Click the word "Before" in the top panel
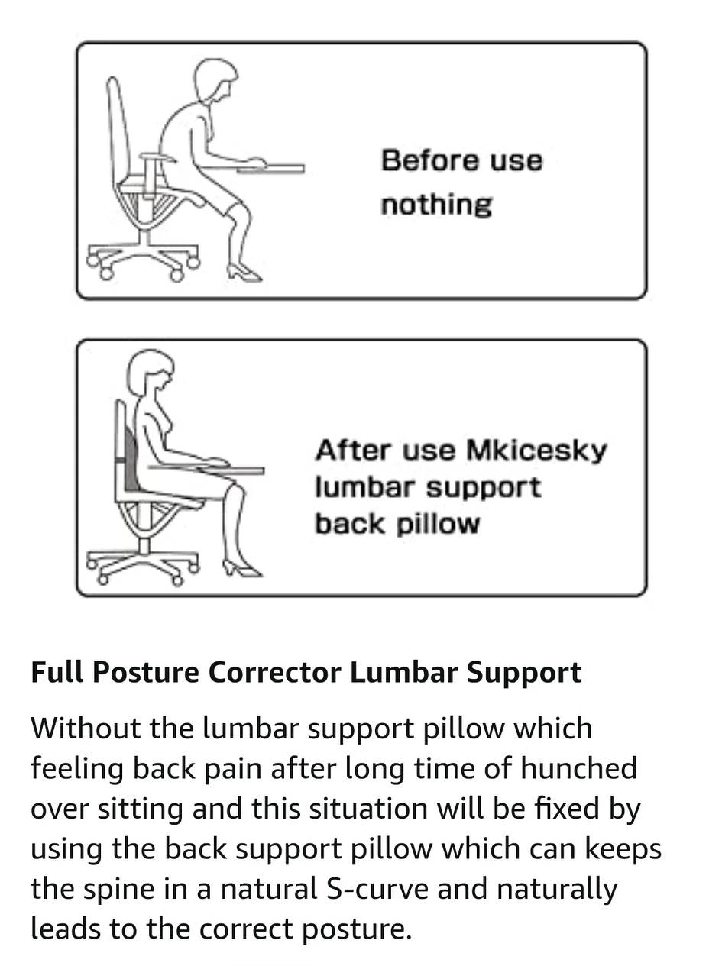(419, 161)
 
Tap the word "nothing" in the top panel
(436, 205)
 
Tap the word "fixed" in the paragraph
(564, 809)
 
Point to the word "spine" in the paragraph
(119, 890)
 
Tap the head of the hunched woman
(213, 79)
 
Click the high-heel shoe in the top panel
(243, 272)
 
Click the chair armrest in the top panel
(157, 157)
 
